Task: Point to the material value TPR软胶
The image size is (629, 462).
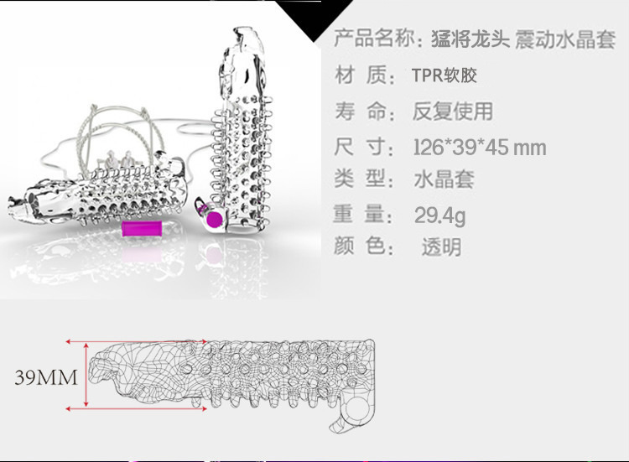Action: pyautogui.click(x=444, y=75)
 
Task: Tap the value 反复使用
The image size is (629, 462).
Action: pyautogui.click(x=453, y=111)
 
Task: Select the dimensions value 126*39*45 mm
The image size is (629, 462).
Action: pyautogui.click(x=480, y=148)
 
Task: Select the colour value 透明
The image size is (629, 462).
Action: pyautogui.click(x=441, y=247)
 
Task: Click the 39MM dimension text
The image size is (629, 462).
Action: pyautogui.click(x=46, y=377)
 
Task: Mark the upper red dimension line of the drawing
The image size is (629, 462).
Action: pyautogui.click(x=134, y=342)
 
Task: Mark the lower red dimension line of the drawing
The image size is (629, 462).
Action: pyautogui.click(x=134, y=408)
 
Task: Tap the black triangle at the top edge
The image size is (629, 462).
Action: pyautogui.click(x=314, y=17)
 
